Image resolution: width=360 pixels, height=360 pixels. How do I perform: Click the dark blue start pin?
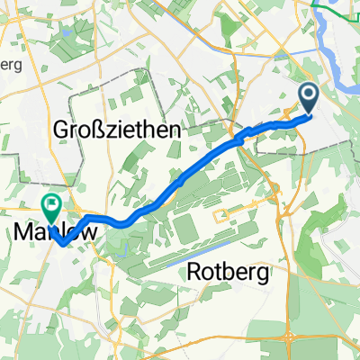308,99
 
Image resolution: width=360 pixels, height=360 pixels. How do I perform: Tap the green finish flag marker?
49,207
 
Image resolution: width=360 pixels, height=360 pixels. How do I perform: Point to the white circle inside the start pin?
308,94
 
